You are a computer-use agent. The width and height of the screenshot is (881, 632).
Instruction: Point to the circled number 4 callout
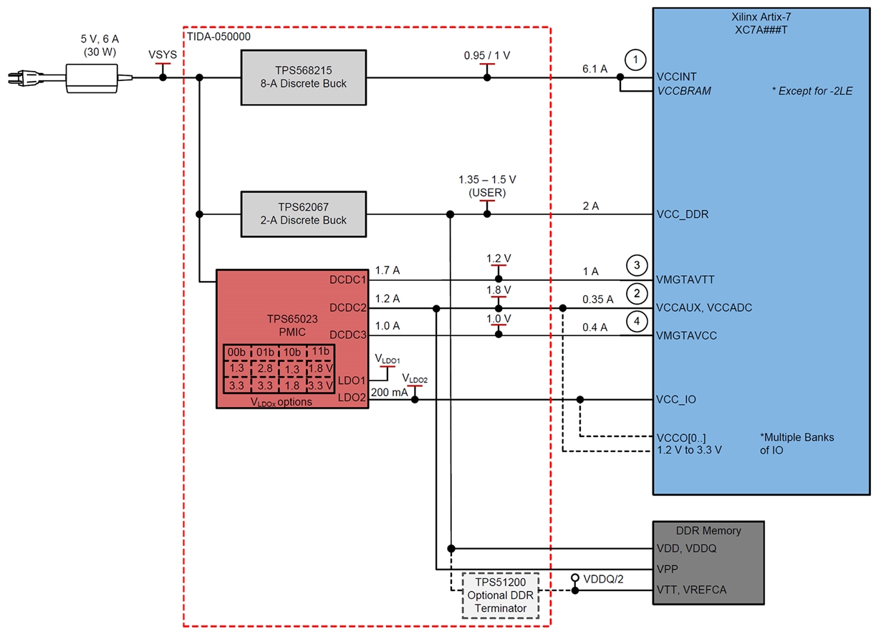point(636,320)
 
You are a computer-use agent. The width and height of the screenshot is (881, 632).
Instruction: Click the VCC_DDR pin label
point(683,214)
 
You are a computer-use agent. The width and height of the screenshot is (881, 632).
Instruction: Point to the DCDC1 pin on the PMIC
point(347,280)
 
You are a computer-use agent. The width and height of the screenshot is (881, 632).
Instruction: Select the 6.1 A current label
point(594,68)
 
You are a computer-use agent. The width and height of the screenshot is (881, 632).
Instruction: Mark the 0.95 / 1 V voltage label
point(487,54)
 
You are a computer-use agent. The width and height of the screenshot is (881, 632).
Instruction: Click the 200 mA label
point(390,392)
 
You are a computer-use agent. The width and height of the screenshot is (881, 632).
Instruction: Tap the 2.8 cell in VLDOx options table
point(264,367)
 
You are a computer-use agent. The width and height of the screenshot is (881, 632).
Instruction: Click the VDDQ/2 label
point(603,578)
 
